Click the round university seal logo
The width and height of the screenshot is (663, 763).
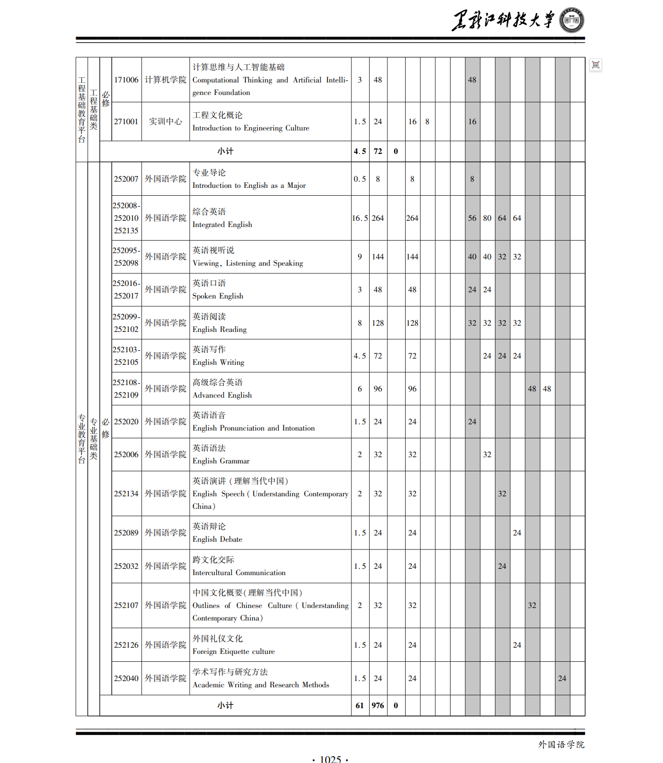(x=572, y=21)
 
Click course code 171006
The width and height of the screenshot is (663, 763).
(x=126, y=80)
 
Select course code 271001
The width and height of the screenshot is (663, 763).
(x=126, y=122)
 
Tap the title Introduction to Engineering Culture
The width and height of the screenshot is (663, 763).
(x=251, y=128)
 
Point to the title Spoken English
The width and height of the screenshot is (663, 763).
(x=218, y=296)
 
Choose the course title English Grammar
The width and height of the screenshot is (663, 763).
(x=221, y=461)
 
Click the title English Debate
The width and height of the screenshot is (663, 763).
(x=217, y=539)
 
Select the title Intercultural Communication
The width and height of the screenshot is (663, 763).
(x=239, y=573)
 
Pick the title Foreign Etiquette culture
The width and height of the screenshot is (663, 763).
(x=233, y=651)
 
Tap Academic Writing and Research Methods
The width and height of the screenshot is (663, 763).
(x=261, y=685)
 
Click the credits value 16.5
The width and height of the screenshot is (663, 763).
(x=360, y=218)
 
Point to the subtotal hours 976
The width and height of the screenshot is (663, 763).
(x=378, y=706)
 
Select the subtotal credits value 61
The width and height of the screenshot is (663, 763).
(x=360, y=706)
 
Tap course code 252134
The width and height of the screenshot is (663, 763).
(x=126, y=494)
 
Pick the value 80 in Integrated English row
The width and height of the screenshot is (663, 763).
(x=487, y=218)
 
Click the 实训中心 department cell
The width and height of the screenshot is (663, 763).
(x=165, y=122)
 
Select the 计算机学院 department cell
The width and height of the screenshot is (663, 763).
(x=165, y=80)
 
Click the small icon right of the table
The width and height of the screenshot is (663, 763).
(x=596, y=65)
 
